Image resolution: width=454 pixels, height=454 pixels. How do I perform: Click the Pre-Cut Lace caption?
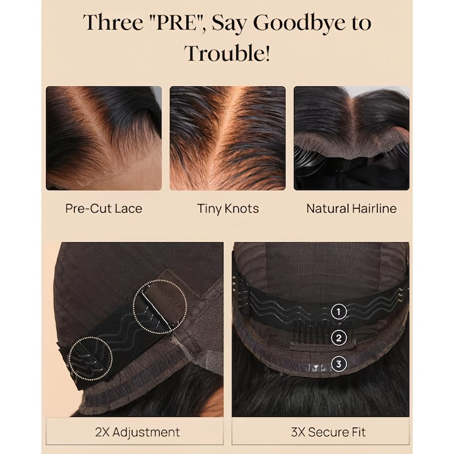103,208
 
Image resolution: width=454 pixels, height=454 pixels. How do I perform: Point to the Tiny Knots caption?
228,208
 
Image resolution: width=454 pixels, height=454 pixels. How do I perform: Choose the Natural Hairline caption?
351,208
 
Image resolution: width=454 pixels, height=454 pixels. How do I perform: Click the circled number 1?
339,311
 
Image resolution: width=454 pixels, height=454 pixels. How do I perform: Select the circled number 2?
339,338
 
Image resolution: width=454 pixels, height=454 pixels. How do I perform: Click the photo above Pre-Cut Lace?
103,138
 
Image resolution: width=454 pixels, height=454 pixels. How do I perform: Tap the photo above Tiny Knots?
228,138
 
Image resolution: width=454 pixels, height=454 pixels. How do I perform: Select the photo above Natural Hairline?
351,138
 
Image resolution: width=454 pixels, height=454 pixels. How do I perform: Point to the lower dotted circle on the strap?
90,358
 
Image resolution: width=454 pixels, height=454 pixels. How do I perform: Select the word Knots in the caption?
241,208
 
